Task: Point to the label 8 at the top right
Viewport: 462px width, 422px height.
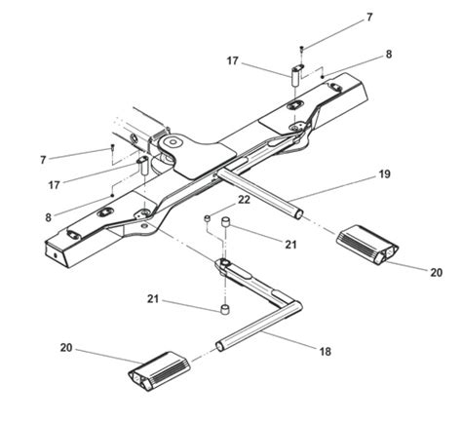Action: pyautogui.click(x=388, y=55)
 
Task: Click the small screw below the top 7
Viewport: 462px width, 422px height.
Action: pyautogui.click(x=301, y=48)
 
